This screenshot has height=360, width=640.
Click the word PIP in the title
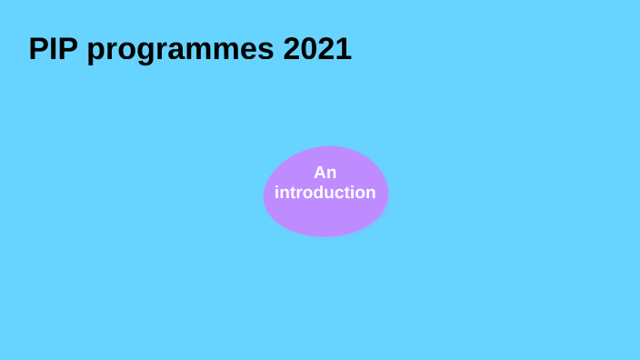54,49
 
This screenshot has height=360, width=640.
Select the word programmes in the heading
181,51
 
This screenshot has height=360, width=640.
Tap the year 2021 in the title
317,49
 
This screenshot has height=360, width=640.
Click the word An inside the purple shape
325,173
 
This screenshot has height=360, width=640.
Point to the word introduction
325,193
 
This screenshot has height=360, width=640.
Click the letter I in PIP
54,49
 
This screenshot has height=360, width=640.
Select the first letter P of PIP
38,49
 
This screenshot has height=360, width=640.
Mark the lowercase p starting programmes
96,53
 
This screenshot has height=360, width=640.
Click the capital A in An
320,173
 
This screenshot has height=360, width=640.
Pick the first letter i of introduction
277,193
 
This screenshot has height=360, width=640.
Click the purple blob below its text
325,220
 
